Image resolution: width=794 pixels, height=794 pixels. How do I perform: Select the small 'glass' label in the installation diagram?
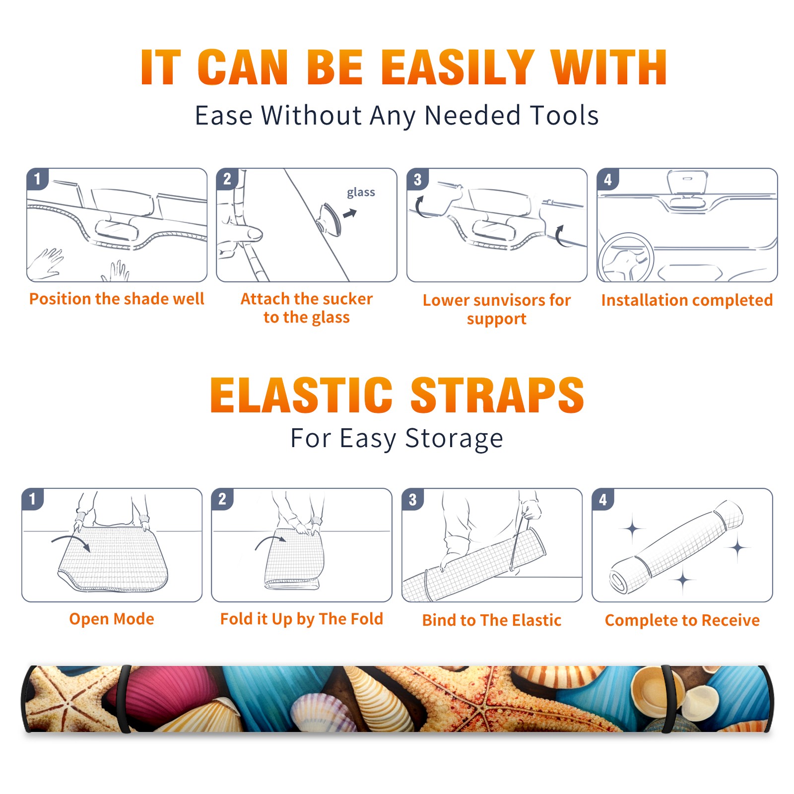pos(361,193)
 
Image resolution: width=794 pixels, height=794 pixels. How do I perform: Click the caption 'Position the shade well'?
pos(117,299)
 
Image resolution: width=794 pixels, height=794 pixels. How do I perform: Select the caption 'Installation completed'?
pos(687,300)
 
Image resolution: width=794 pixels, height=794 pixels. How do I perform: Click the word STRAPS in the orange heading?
pos(497,395)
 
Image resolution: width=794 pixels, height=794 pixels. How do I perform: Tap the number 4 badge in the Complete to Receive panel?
pos(603,499)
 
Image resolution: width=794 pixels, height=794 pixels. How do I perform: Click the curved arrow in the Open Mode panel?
pos(70,541)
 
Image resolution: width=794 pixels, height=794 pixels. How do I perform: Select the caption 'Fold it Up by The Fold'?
pos(302,619)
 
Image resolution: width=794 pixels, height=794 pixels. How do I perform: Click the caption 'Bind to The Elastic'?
pos(492,620)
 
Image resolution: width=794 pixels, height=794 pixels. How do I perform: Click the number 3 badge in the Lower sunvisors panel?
pos(417,179)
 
